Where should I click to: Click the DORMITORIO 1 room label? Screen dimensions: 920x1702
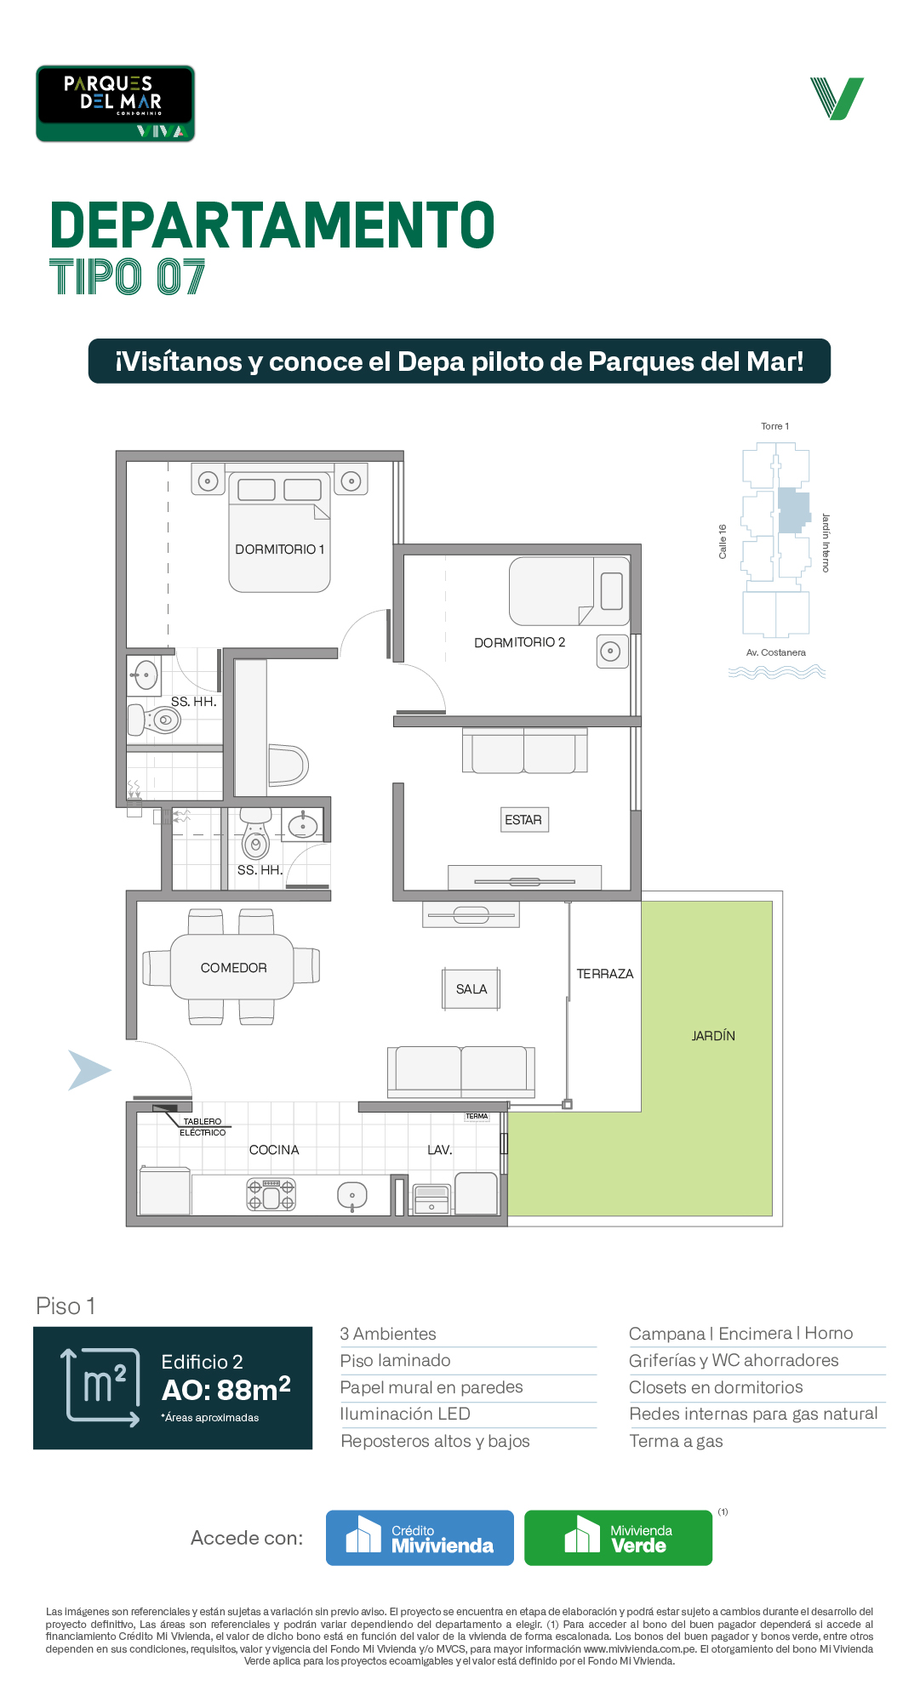tap(280, 549)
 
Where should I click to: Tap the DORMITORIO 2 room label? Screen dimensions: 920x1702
tap(519, 642)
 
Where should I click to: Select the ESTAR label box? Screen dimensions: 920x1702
tap(523, 820)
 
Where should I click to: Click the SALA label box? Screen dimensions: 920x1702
tap(471, 989)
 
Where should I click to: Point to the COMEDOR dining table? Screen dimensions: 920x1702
tap(232, 967)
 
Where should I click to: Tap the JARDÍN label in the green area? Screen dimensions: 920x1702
tap(713, 1036)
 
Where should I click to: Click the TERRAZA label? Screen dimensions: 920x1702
tap(605, 974)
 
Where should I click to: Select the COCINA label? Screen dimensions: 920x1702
tap(274, 1150)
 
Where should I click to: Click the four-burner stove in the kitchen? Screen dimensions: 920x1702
tap(271, 1194)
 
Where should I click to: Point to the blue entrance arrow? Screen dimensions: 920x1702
tap(89, 1070)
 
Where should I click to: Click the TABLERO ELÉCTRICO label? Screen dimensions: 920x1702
tap(203, 1127)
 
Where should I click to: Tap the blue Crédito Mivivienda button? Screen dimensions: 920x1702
tap(420, 1538)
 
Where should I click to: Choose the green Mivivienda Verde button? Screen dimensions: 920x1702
tap(618, 1538)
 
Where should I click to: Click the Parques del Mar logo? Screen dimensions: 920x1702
tap(115, 104)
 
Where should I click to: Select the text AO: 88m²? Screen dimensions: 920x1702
tap(226, 1390)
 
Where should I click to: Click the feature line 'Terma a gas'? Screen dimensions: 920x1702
tap(676, 1441)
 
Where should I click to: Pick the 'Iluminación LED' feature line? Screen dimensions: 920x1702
tap(405, 1414)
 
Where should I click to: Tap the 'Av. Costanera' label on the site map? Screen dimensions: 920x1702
tap(776, 652)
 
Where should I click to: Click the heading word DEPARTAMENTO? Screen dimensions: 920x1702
tap(272, 226)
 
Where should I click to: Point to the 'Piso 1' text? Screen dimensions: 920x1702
tap(66, 1306)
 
